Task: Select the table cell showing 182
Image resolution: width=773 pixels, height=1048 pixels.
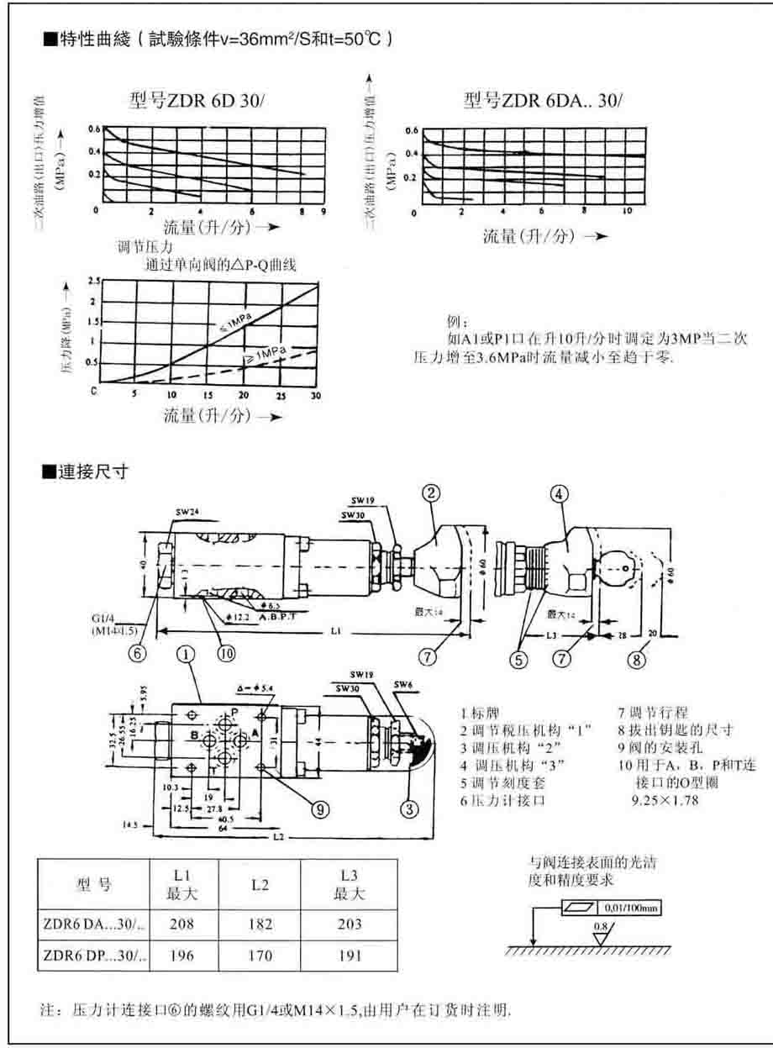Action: tap(260, 924)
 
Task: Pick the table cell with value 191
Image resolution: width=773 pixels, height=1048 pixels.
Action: tap(351, 956)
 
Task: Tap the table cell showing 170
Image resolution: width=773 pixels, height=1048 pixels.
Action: tap(260, 956)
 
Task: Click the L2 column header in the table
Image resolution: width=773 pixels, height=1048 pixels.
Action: tap(260, 884)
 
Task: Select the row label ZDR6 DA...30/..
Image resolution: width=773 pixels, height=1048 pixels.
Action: tap(93, 924)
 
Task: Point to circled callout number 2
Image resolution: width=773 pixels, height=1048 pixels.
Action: tap(430, 494)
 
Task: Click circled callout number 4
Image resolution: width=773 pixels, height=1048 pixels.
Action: tap(561, 494)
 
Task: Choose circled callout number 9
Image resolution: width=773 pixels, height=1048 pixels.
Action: tap(320, 808)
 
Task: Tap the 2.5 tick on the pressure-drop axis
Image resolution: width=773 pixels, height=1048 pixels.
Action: tap(93, 282)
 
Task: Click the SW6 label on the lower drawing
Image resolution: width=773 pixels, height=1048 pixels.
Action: tap(404, 685)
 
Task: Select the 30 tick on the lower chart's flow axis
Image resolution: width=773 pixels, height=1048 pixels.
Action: tap(316, 395)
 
